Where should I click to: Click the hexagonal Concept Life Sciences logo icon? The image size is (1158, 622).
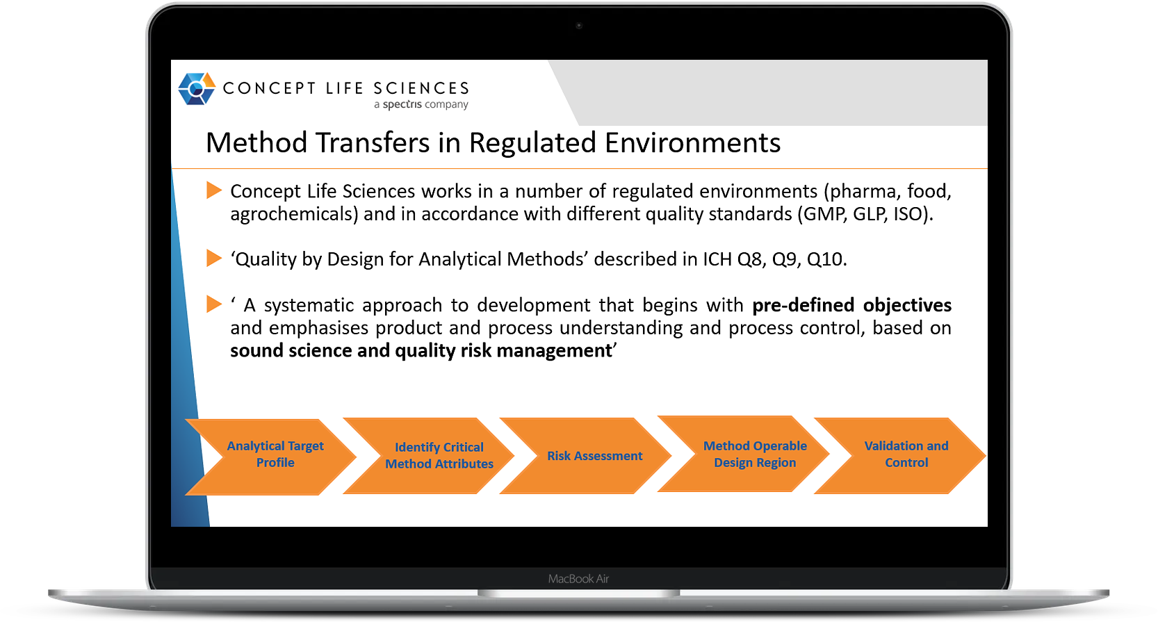(197, 88)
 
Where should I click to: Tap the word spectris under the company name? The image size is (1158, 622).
(402, 104)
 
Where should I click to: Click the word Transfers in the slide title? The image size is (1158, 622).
(373, 142)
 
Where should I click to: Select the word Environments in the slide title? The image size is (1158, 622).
(693, 142)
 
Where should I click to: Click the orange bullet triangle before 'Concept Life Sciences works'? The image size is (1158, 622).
(214, 190)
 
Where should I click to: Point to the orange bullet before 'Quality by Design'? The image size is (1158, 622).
(214, 257)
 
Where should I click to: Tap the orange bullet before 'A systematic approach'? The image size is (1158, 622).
(214, 304)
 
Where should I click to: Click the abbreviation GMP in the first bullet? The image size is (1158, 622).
(824, 214)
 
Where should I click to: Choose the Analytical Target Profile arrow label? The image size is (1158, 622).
(275, 454)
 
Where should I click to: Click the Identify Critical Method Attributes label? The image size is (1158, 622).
(439, 455)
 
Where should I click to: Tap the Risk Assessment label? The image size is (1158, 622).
(594, 455)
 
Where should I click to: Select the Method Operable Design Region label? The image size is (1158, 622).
(755, 454)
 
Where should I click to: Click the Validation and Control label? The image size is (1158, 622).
(906, 454)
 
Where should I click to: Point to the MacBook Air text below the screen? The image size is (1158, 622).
(578, 579)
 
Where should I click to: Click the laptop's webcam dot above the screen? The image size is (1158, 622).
(579, 25)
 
